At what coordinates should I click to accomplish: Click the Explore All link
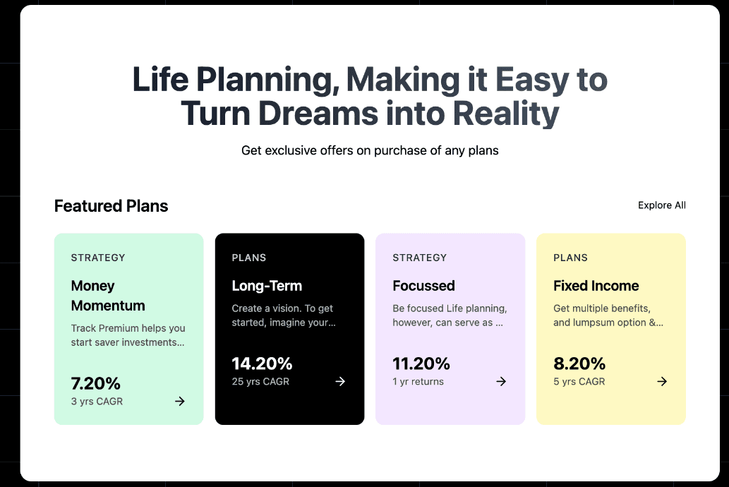(x=661, y=205)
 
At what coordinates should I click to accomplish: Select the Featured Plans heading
(x=111, y=205)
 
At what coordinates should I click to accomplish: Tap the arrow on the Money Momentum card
(x=180, y=401)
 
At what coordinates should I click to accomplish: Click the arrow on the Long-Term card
(x=340, y=381)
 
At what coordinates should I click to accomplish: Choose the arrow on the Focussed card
(x=501, y=381)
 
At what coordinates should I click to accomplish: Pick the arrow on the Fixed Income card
(x=662, y=381)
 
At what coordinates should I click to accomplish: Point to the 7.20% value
(x=96, y=383)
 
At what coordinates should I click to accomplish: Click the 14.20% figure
(x=263, y=363)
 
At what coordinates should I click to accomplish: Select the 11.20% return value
(x=421, y=363)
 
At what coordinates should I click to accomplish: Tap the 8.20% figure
(x=579, y=363)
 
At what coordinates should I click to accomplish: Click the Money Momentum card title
(x=108, y=295)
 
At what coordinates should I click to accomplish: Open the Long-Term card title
(x=267, y=286)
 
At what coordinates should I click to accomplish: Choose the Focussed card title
(x=423, y=286)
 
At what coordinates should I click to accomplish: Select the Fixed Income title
(x=596, y=286)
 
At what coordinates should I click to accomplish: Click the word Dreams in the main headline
(x=318, y=113)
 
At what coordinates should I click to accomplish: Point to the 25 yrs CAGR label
(x=260, y=381)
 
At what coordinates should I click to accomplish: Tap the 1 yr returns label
(x=418, y=381)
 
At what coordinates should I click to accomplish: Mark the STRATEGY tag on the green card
(x=98, y=258)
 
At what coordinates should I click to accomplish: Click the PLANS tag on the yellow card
(x=570, y=258)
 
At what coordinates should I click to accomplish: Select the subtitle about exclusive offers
(x=370, y=150)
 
